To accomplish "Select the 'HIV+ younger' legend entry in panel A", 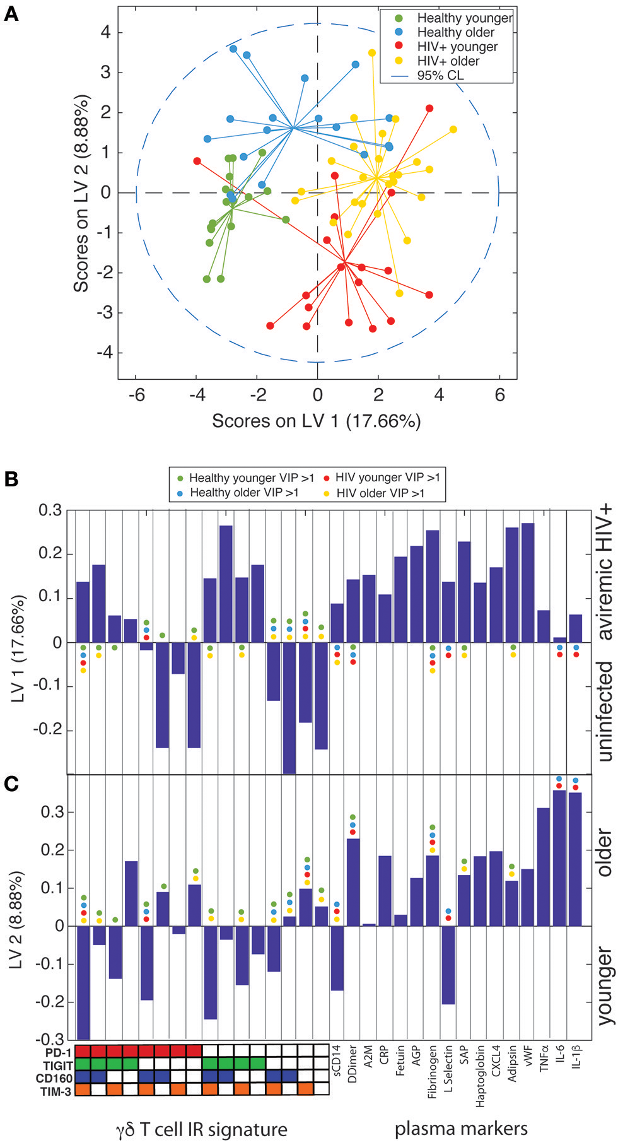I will coord(457,47).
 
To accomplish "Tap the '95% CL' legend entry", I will coord(440,75).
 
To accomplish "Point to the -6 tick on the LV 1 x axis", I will coord(136,396).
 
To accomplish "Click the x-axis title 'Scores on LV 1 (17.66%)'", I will coord(316,421).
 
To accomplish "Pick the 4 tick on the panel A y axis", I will coord(105,32).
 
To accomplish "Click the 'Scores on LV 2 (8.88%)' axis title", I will coord(81,193).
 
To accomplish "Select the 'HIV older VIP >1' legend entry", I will coord(380,493).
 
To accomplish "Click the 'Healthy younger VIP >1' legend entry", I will coord(251,478).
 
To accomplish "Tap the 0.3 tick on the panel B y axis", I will coord(50,510).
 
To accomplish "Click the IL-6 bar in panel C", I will coord(559,857).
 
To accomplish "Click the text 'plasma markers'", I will coord(461,1128).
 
